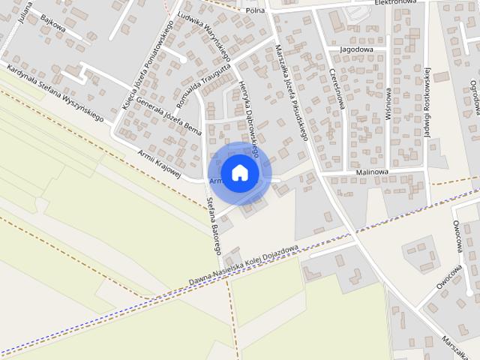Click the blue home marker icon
pyautogui.click(x=239, y=173)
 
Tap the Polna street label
pyautogui.click(x=256, y=10)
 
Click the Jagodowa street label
pyautogui.click(x=357, y=49)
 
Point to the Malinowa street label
pyautogui.click(x=372, y=172)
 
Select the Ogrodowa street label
pyautogui.click(x=474, y=97)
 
